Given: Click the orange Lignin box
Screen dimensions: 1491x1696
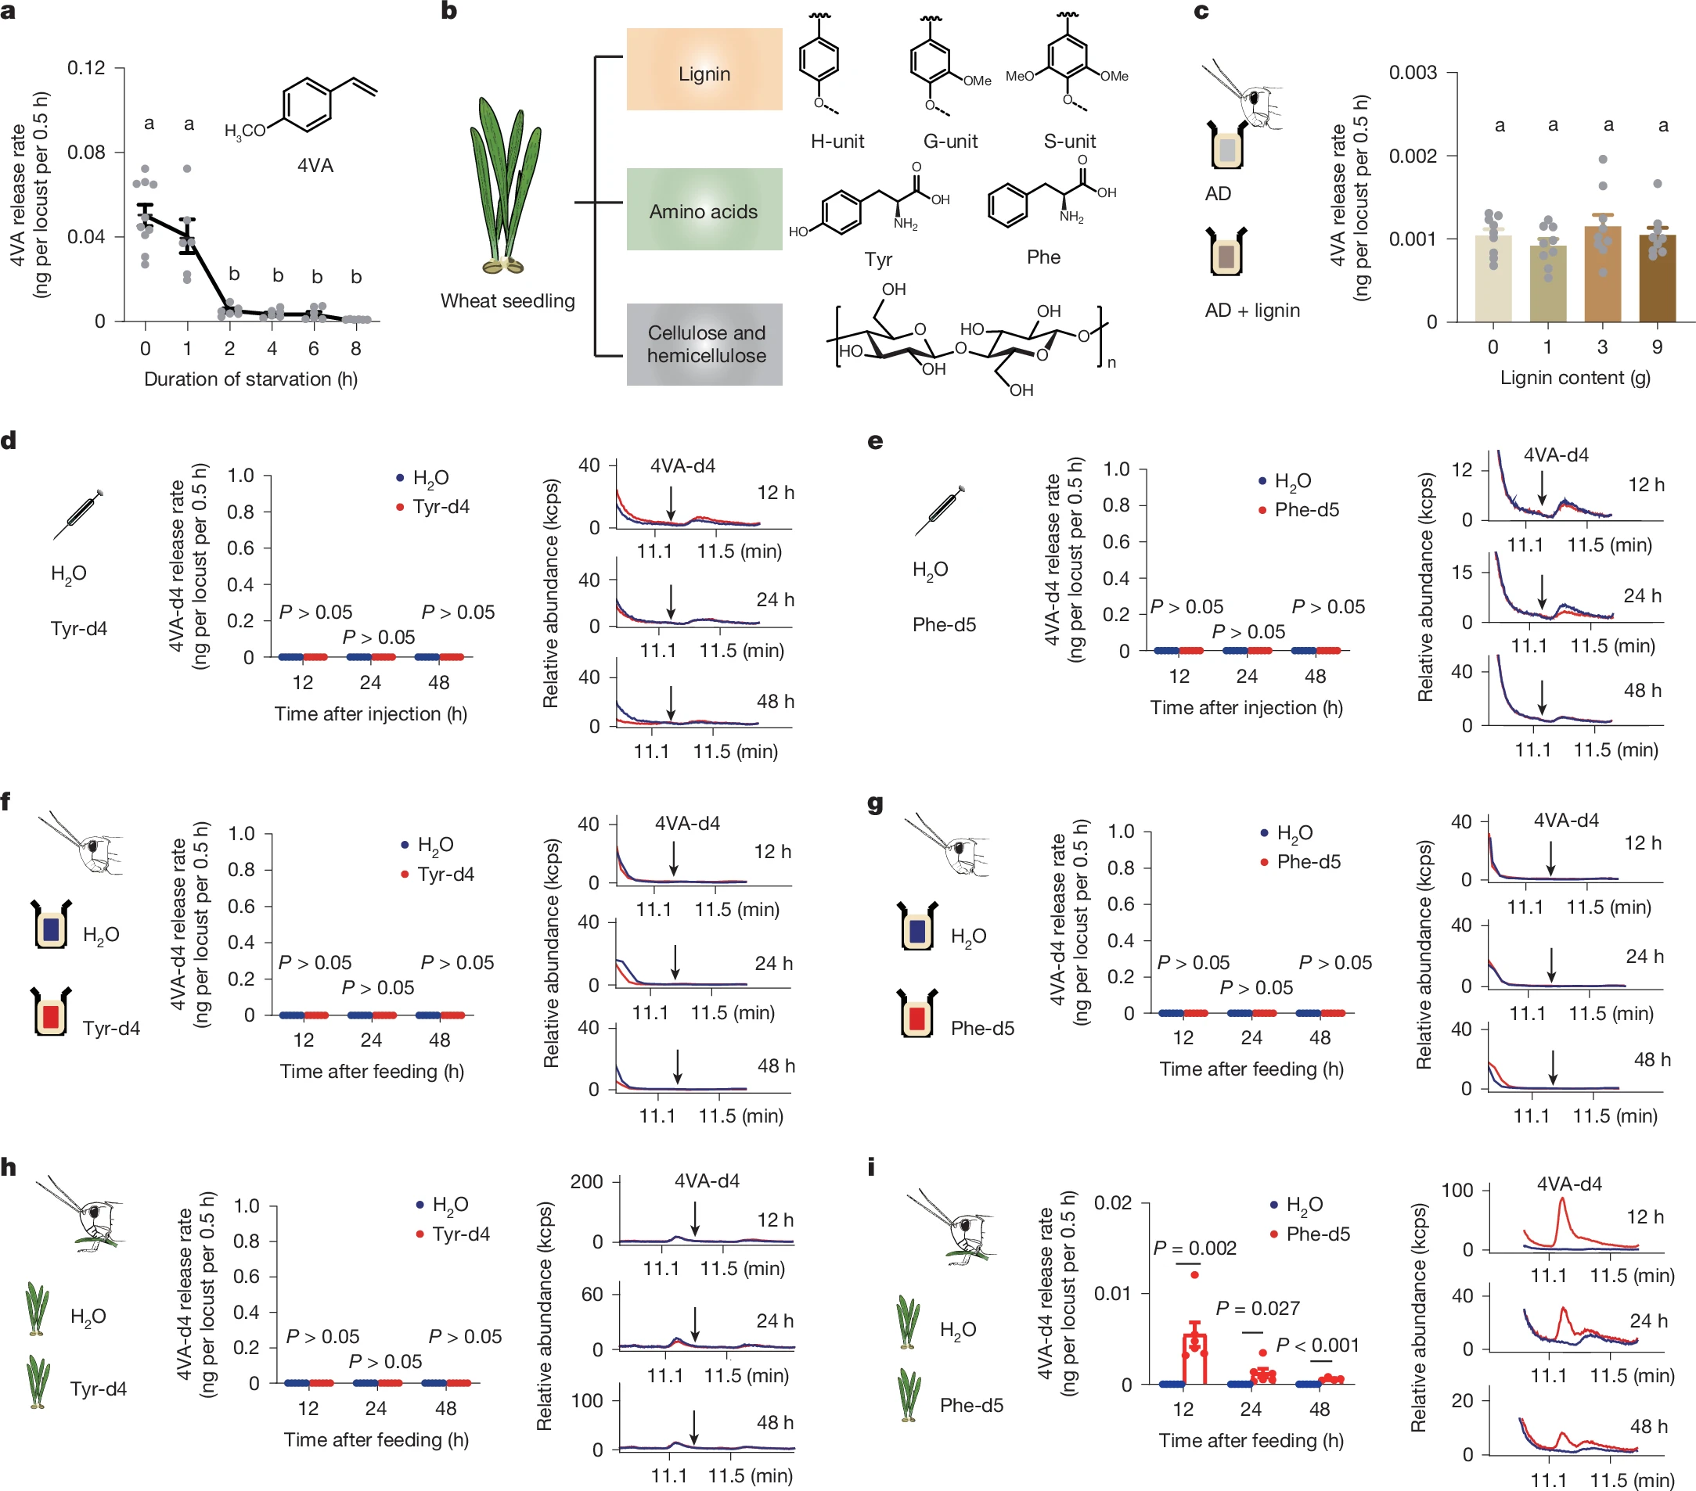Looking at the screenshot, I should [x=704, y=70].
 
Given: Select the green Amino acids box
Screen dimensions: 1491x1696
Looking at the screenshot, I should [x=704, y=210].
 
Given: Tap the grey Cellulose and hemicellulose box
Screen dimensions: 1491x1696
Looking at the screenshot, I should [x=704, y=344].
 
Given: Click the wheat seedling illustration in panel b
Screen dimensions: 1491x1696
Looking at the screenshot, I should [x=506, y=187].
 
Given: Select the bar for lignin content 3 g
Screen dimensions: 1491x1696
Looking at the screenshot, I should [x=1602, y=274].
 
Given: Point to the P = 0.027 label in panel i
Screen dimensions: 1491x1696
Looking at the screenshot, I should [x=1257, y=1309].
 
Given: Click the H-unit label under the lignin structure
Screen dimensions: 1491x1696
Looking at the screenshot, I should [x=837, y=142].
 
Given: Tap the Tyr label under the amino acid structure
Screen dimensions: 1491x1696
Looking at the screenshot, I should [x=878, y=260].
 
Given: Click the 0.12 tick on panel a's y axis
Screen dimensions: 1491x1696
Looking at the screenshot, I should [x=86, y=68].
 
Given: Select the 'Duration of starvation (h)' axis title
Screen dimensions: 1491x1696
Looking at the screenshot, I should [x=250, y=379].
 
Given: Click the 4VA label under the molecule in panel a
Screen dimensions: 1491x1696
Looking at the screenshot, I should [x=315, y=166].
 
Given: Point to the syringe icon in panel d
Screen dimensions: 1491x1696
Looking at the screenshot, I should [x=79, y=513].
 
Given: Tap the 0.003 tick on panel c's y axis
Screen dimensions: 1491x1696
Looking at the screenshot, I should [x=1412, y=73].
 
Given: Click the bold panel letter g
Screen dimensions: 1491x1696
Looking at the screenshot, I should [x=874, y=803].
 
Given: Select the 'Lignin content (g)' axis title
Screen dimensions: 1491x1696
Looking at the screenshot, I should [x=1575, y=378].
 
